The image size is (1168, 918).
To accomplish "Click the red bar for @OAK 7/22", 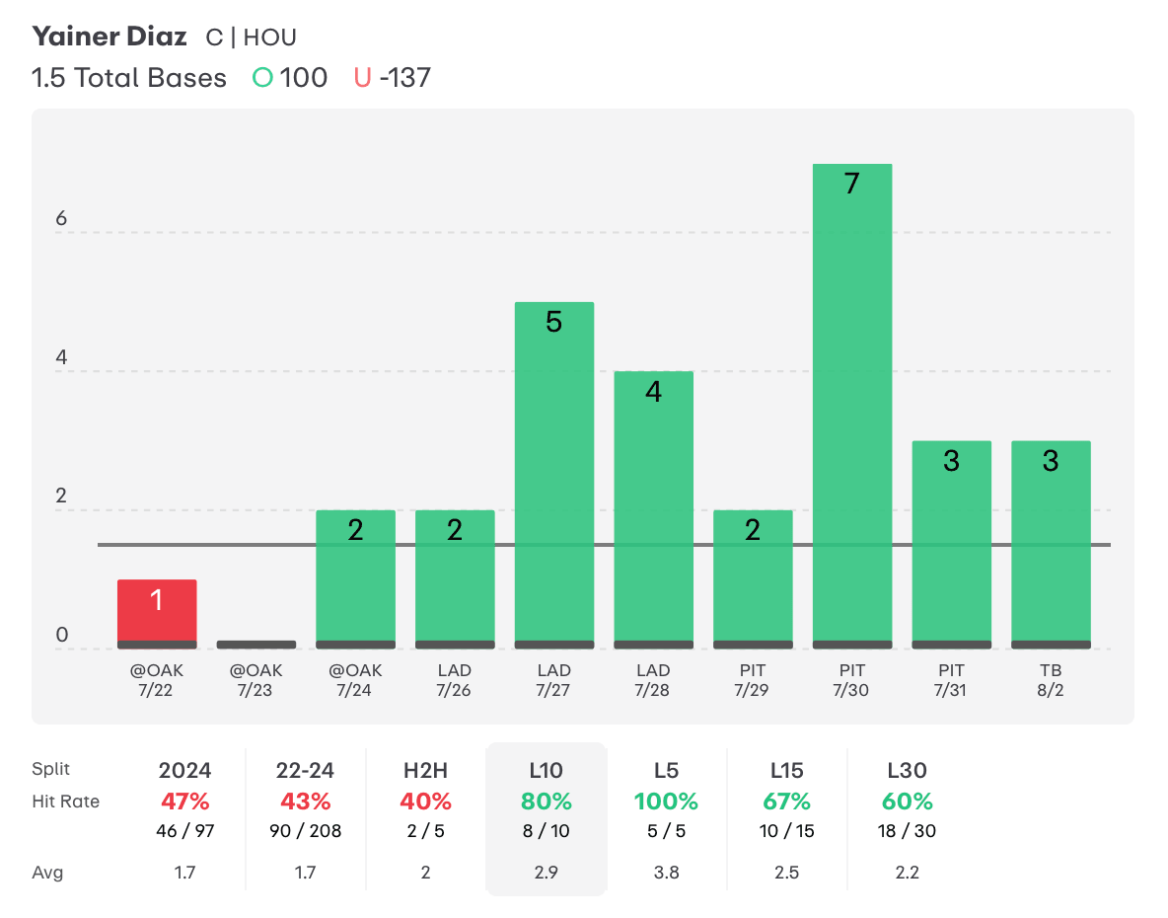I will (x=157, y=613).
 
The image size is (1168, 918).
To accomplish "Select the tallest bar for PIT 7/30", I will (x=851, y=406).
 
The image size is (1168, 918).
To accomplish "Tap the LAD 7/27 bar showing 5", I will (x=553, y=475).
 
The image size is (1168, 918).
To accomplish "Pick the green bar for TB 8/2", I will (x=1051, y=544).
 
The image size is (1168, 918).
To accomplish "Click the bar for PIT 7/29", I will (x=753, y=578).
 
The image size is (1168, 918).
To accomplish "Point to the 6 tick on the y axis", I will (x=61, y=219).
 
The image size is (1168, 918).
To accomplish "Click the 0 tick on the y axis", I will (x=61, y=636).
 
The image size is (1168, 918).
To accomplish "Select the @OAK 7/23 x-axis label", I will (x=255, y=680).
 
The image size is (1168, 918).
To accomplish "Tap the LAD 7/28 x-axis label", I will (x=653, y=680).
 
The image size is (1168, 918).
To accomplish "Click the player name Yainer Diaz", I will (x=109, y=38).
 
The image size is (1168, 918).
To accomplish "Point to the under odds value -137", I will (x=403, y=78).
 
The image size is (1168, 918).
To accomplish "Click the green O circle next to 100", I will (x=262, y=78).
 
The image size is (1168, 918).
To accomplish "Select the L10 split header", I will (x=546, y=770).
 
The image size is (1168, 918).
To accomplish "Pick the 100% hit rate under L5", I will (x=666, y=801).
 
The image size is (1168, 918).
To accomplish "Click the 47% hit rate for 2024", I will (x=185, y=801).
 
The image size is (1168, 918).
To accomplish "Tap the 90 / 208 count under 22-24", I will (x=306, y=831).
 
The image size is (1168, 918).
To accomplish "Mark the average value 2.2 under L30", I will (x=908, y=873).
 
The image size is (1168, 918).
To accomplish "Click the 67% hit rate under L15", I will (x=786, y=801).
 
